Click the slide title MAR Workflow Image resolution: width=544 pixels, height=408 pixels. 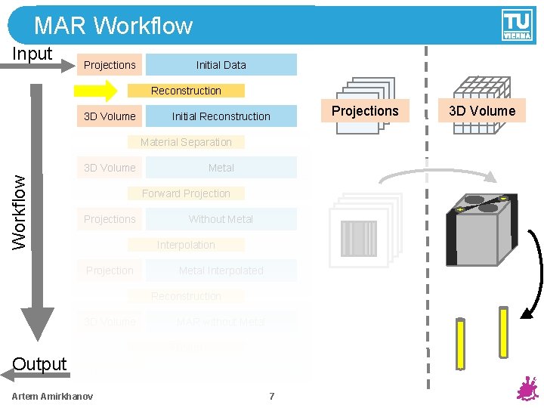113,26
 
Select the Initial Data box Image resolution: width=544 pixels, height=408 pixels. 221,65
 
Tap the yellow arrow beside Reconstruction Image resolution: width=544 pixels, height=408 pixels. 94,91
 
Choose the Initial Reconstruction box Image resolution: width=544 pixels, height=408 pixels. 221,116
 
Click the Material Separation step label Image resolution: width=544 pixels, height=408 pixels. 186,142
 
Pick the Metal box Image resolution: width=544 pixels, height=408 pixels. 221,168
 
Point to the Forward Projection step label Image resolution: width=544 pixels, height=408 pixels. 186,193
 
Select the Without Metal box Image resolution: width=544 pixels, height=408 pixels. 221,219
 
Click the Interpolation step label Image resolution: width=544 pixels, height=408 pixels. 186,245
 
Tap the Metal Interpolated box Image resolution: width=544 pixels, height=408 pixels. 221,270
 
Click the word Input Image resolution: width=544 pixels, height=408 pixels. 32,54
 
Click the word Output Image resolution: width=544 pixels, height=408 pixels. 39,364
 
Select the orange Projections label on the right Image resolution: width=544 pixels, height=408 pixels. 365,111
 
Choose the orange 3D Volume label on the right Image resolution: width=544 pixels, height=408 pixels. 482,111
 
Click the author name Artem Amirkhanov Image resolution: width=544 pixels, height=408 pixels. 53,397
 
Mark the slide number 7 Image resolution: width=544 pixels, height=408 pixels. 272,397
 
